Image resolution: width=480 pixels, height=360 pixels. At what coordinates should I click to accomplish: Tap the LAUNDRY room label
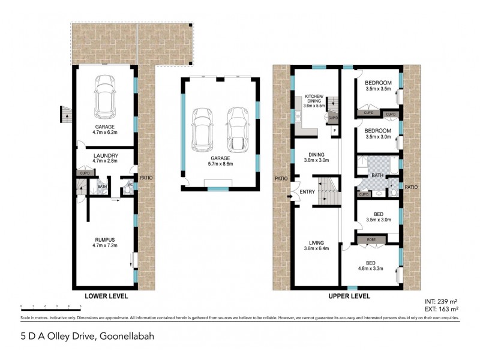tap(105, 155)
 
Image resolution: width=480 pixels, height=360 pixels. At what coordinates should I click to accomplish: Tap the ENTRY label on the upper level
tap(307, 192)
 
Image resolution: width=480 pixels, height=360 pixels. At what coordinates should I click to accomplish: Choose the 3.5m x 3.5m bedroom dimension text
tap(378, 89)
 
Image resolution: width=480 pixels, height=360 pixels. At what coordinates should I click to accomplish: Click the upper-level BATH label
tap(377, 175)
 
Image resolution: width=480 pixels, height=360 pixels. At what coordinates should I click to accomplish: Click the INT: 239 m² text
tap(440, 302)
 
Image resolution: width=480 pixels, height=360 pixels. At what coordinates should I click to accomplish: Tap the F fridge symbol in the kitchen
tap(334, 130)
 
